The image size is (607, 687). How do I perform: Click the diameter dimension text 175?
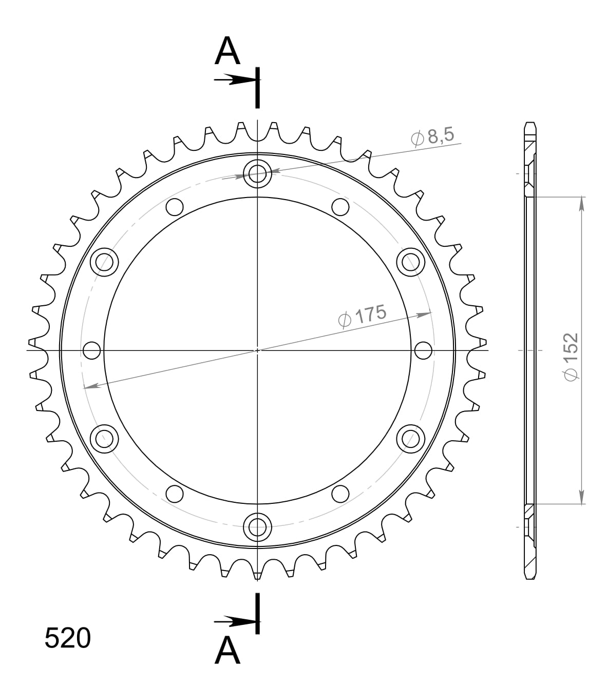pyautogui.click(x=363, y=316)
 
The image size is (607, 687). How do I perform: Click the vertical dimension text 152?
pyautogui.click(x=571, y=357)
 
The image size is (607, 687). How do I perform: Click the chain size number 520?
pyautogui.click(x=67, y=638)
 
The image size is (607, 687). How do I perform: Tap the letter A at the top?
pyautogui.click(x=227, y=52)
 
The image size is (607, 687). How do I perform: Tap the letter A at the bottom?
pyautogui.click(x=227, y=650)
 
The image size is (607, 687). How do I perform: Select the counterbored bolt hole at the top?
pyautogui.click(x=257, y=174)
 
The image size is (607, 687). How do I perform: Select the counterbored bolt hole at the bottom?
pyautogui.click(x=257, y=525)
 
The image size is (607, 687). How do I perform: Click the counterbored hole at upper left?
pyautogui.click(x=104, y=262)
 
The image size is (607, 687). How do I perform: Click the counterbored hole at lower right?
pyautogui.click(x=411, y=438)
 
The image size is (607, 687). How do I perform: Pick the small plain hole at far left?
pyautogui.click(x=91, y=350)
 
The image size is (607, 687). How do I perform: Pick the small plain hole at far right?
pyautogui.click(x=423, y=350)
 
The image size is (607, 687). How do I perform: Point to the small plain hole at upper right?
pyautogui.click(x=340, y=207)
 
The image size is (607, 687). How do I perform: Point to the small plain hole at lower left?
pyautogui.click(x=175, y=494)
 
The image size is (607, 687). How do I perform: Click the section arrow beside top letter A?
pyautogui.click(x=234, y=80)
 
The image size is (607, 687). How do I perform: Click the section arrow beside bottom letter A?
pyautogui.click(x=234, y=622)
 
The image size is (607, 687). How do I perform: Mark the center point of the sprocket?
pyautogui.click(x=257, y=350)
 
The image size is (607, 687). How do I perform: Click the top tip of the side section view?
pyautogui.click(x=530, y=124)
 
